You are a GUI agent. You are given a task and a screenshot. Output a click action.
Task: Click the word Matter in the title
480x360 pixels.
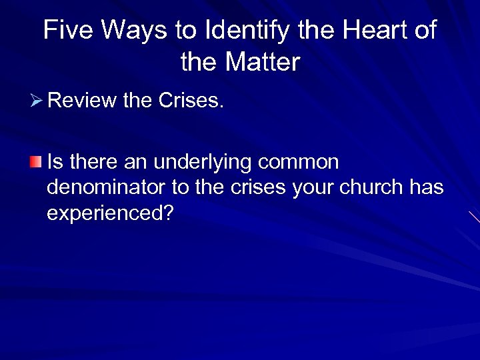(263, 63)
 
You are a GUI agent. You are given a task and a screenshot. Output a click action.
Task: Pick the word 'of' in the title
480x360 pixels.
(425, 31)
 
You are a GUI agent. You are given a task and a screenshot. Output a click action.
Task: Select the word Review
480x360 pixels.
(82, 101)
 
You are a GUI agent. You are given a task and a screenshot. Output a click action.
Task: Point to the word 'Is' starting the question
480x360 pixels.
(55, 162)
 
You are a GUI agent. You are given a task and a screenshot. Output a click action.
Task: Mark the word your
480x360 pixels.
(315, 189)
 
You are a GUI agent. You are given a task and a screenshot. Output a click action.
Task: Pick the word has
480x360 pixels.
(428, 187)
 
